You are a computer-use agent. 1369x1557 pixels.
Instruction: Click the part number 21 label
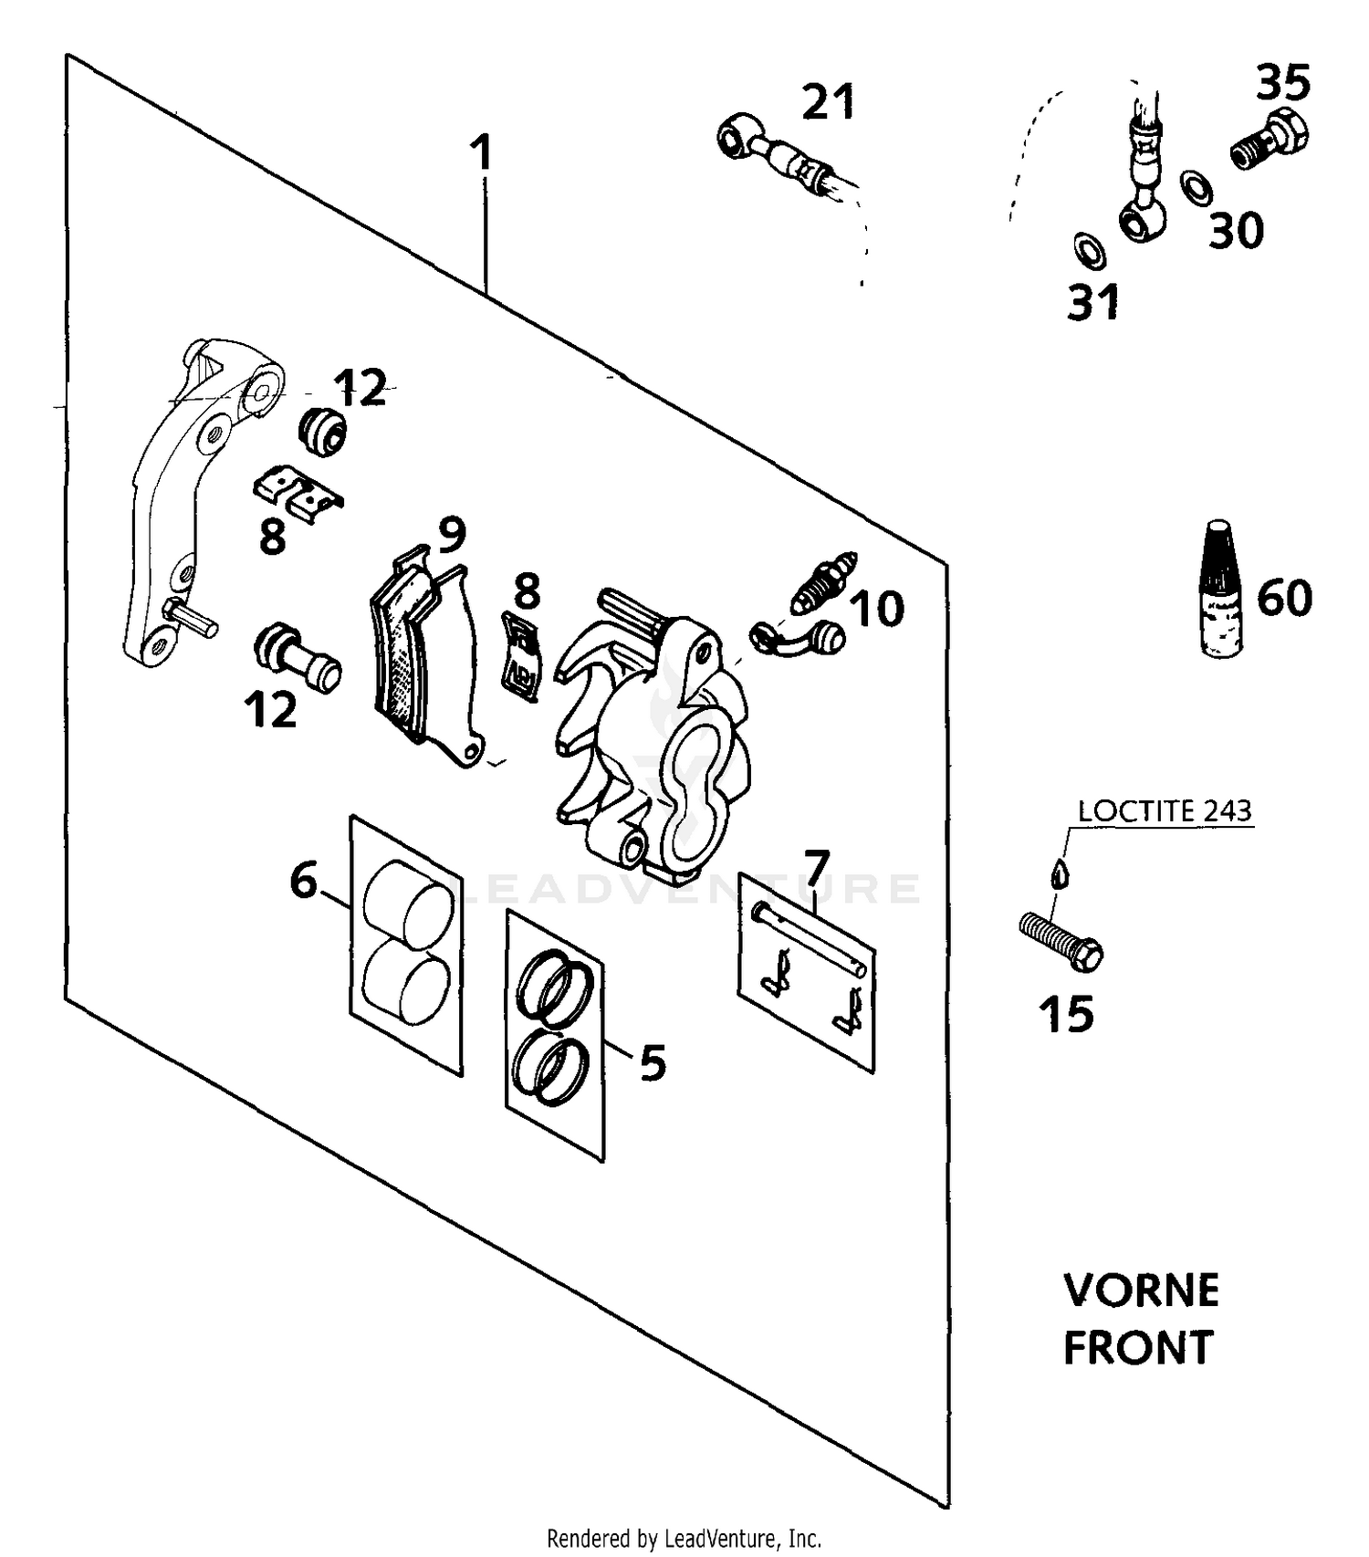tap(829, 101)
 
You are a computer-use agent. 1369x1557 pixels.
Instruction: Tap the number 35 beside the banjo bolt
tap(1283, 82)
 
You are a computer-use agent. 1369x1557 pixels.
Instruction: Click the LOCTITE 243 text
tap(1165, 810)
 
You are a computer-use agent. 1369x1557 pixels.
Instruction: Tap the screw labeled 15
tap(1061, 942)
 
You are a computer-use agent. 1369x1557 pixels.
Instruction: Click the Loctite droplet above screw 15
tap(1059, 873)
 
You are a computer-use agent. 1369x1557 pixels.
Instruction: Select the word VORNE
tap(1141, 1291)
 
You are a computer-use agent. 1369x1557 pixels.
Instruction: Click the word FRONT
tap(1138, 1348)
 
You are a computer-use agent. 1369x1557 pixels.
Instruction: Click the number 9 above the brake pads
tap(452, 536)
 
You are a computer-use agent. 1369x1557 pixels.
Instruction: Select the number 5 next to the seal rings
tap(653, 1062)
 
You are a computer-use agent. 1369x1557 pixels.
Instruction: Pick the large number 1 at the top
tap(481, 152)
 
